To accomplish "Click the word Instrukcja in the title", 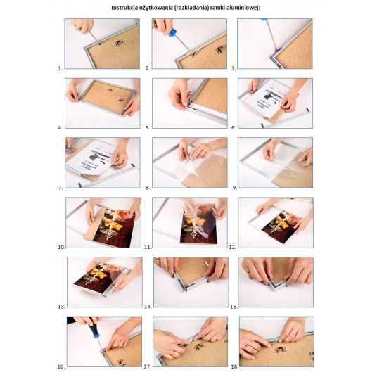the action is pyautogui.click(x=124, y=8).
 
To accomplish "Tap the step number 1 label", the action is pyautogui.click(x=60, y=68).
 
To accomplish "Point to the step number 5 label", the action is pyautogui.click(x=148, y=128).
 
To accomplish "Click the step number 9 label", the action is pyautogui.click(x=234, y=188).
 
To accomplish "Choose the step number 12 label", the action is pyautogui.click(x=232, y=247).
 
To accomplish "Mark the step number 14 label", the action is pyautogui.click(x=148, y=307).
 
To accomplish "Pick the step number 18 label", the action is pyautogui.click(x=234, y=366).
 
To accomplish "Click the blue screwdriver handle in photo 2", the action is pyautogui.click(x=172, y=32).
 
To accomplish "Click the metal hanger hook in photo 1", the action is pyautogui.click(x=120, y=43).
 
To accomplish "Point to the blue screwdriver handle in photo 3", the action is pyautogui.click(x=264, y=19).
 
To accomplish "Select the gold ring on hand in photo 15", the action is pyautogui.click(x=248, y=271).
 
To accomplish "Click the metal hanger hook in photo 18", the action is pyautogui.click(x=280, y=350).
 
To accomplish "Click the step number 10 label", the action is pyautogui.click(x=62, y=247).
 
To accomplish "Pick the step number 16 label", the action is pyautogui.click(x=61, y=366).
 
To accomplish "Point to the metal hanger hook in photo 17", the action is pyautogui.click(x=198, y=347).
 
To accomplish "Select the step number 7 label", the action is pyautogui.click(x=60, y=188).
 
